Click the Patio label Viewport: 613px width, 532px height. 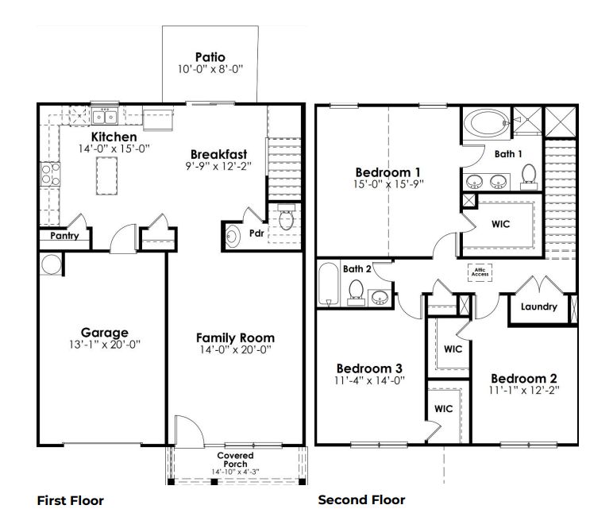point(210,57)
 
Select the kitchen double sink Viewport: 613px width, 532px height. point(105,118)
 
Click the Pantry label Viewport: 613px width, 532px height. point(64,236)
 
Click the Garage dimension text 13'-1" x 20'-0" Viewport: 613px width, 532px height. point(104,345)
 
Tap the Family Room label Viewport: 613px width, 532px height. point(236,337)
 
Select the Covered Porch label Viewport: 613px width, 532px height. point(236,460)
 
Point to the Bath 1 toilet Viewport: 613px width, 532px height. point(528,177)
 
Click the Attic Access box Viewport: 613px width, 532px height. point(480,271)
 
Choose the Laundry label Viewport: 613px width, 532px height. point(538,307)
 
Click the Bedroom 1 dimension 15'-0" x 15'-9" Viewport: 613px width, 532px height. point(387,185)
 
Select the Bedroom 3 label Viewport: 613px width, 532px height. point(368,368)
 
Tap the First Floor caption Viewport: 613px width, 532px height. point(71,500)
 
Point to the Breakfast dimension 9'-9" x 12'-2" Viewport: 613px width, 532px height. point(218,167)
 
